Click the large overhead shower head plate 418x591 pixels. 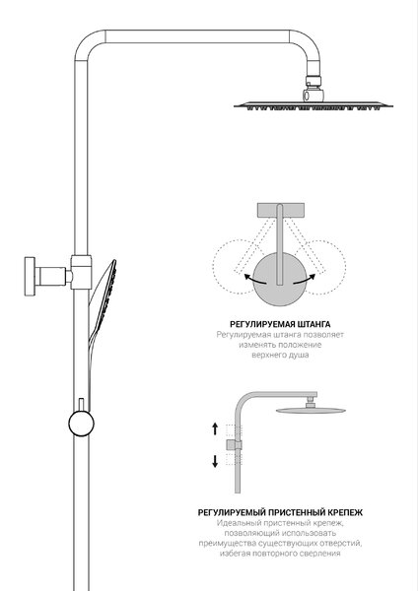[x=313, y=105]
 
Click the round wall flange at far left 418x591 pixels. [x=30, y=276]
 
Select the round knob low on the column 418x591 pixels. [x=81, y=423]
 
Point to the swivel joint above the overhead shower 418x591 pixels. [x=313, y=89]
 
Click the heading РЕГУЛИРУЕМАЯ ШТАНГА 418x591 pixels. [x=280, y=324]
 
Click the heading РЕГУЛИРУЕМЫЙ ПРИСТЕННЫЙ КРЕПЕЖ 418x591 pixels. [x=280, y=512]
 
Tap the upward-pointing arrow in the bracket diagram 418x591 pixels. [x=215, y=428]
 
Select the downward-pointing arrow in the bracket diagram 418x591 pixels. [x=215, y=461]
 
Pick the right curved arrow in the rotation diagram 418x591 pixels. [x=304, y=280]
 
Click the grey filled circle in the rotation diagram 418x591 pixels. [x=279, y=280]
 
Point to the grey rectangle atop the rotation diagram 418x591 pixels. [x=280, y=211]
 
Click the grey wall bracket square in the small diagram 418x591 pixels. [x=232, y=445]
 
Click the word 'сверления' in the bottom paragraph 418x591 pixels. [x=321, y=554]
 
